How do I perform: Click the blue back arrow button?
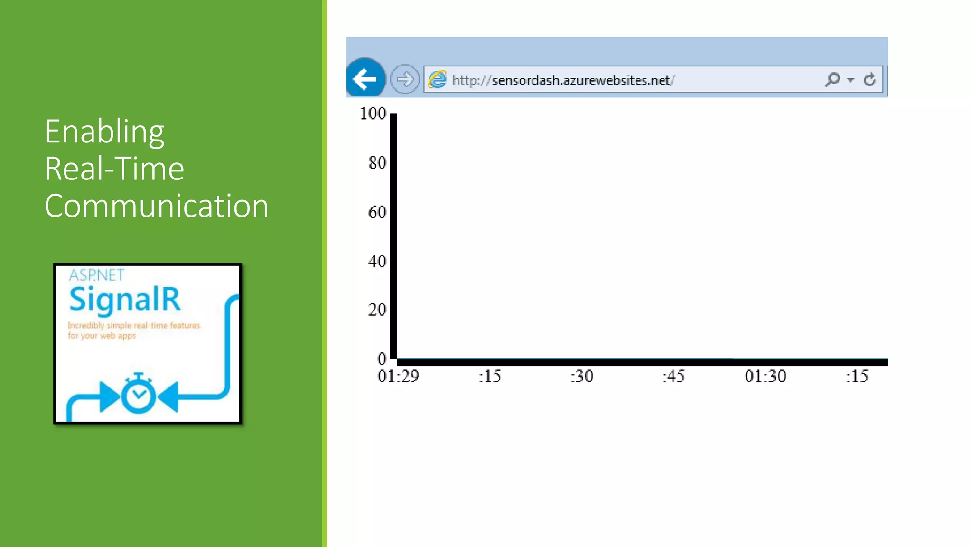click(x=365, y=79)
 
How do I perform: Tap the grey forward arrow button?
click(x=404, y=79)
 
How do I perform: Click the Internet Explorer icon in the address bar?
click(x=437, y=79)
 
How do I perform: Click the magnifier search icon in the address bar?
click(x=832, y=79)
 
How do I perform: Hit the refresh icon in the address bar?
click(x=869, y=79)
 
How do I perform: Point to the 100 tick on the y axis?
click(x=373, y=113)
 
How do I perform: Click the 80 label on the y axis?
click(x=377, y=163)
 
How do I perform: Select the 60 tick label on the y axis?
click(x=377, y=212)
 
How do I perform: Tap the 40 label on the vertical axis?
click(x=377, y=261)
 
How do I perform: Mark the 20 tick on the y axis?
click(x=377, y=310)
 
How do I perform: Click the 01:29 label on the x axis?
click(x=398, y=377)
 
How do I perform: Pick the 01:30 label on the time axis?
click(x=765, y=377)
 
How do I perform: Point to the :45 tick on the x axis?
click(x=673, y=377)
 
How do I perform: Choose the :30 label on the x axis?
click(x=582, y=377)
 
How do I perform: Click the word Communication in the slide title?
click(x=157, y=206)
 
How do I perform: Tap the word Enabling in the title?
click(x=104, y=132)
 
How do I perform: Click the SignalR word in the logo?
click(x=125, y=300)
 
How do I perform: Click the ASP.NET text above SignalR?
click(x=96, y=275)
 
